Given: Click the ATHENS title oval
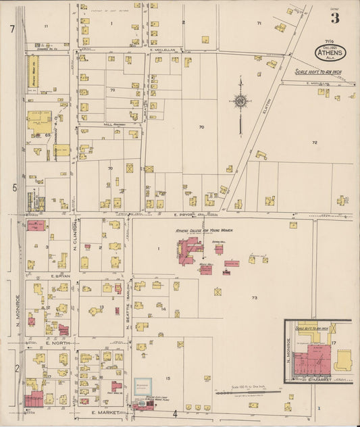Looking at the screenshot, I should point(329,52).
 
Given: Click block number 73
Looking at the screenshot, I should point(254,297).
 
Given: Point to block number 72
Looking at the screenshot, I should point(314,143).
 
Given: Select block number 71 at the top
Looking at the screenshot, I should point(259,23).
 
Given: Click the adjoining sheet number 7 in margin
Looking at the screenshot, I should point(12,29).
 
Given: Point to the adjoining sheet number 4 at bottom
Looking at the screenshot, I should point(174,413).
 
